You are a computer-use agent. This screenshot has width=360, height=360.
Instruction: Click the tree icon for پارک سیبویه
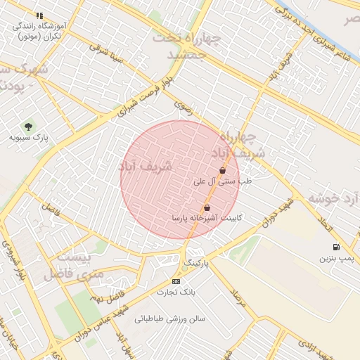coord(28,127)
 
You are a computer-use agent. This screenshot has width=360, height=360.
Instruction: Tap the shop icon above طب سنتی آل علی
coord(223,170)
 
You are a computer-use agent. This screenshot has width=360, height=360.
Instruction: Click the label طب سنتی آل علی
coord(223,181)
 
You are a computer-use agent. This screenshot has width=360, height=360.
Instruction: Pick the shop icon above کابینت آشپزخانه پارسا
coord(207,208)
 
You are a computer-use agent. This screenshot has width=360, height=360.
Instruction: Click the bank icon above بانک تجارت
coord(176,281)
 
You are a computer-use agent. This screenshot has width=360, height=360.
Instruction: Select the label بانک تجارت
coord(176,292)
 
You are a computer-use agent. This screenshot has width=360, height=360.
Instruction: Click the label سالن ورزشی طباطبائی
coord(170,319)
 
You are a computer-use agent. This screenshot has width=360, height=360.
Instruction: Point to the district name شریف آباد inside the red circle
coord(146,167)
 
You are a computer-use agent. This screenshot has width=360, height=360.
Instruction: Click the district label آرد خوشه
coord(330,198)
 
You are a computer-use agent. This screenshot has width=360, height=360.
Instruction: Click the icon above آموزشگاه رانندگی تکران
coord(40,15)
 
